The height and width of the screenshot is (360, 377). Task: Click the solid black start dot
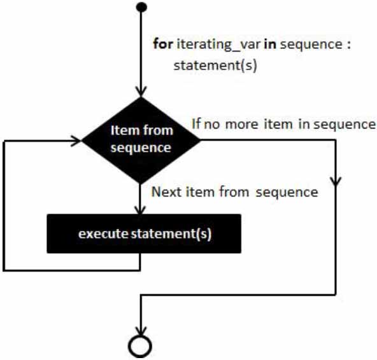click(x=141, y=7)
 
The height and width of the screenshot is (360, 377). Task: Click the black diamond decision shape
click(x=141, y=140)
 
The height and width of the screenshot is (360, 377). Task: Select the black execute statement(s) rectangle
click(x=144, y=233)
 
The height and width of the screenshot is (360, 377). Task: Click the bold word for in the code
click(x=163, y=44)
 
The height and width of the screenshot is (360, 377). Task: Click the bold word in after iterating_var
click(x=270, y=44)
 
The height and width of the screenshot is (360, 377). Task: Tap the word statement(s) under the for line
click(x=215, y=65)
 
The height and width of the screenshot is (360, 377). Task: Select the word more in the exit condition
click(x=241, y=125)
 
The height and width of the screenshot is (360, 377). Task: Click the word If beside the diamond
click(x=196, y=123)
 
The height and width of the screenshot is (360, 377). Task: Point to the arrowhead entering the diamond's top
click(x=141, y=92)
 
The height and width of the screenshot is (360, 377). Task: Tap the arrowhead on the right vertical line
click(x=336, y=181)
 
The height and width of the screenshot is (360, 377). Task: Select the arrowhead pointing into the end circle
click(x=140, y=331)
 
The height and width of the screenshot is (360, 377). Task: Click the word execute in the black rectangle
click(x=103, y=233)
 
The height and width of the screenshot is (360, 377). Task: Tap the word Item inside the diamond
click(x=125, y=130)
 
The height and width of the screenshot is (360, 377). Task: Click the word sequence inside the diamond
click(x=141, y=148)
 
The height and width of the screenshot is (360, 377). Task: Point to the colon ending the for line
click(x=348, y=45)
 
